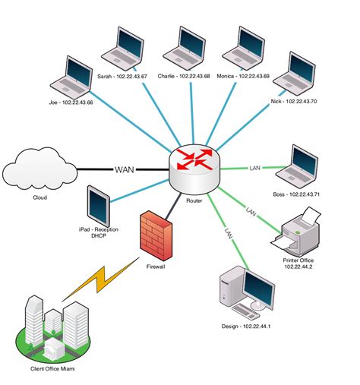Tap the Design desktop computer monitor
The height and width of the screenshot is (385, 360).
pyautogui.click(x=255, y=288)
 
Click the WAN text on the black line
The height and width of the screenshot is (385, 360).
pyautogui.click(x=125, y=169)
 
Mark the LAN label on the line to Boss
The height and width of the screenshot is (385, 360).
pyautogui.click(x=255, y=166)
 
